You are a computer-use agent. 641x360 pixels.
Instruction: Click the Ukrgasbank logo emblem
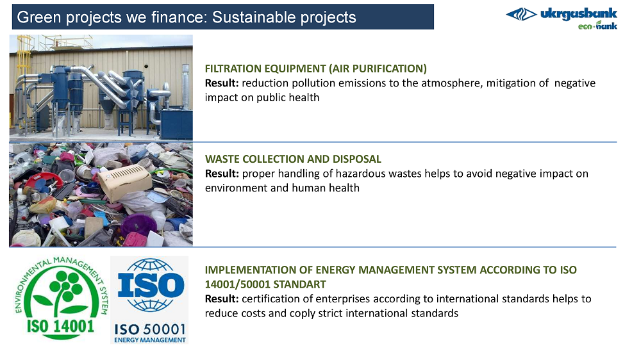(521, 15)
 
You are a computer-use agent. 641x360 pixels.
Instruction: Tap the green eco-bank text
(597, 26)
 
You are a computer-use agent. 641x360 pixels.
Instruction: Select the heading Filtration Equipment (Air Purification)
(315, 69)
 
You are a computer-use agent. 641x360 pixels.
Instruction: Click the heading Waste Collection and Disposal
(293, 159)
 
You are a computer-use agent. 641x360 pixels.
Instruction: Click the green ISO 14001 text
(60, 327)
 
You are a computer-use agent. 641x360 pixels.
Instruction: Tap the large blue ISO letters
(151, 284)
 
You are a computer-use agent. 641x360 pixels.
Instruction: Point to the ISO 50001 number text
(150, 329)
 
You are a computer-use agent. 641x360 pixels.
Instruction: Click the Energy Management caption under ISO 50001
(150, 340)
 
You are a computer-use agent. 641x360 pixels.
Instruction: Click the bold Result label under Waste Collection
(222, 174)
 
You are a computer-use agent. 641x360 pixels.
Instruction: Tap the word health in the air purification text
(303, 97)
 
